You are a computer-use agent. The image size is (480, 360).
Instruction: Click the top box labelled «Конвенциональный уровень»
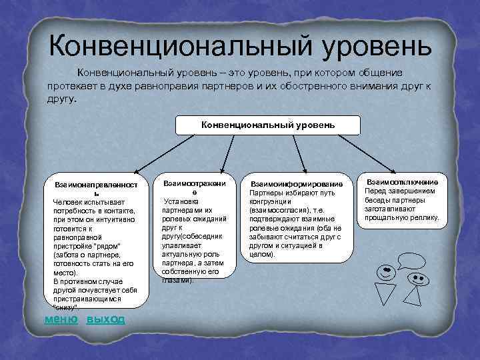point(268,125)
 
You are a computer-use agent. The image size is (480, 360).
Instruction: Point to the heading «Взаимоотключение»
point(402,181)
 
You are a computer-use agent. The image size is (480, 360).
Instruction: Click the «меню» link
point(61,319)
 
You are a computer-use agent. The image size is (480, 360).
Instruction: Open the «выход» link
point(105,319)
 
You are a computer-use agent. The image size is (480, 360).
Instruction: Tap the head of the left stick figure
point(385,271)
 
